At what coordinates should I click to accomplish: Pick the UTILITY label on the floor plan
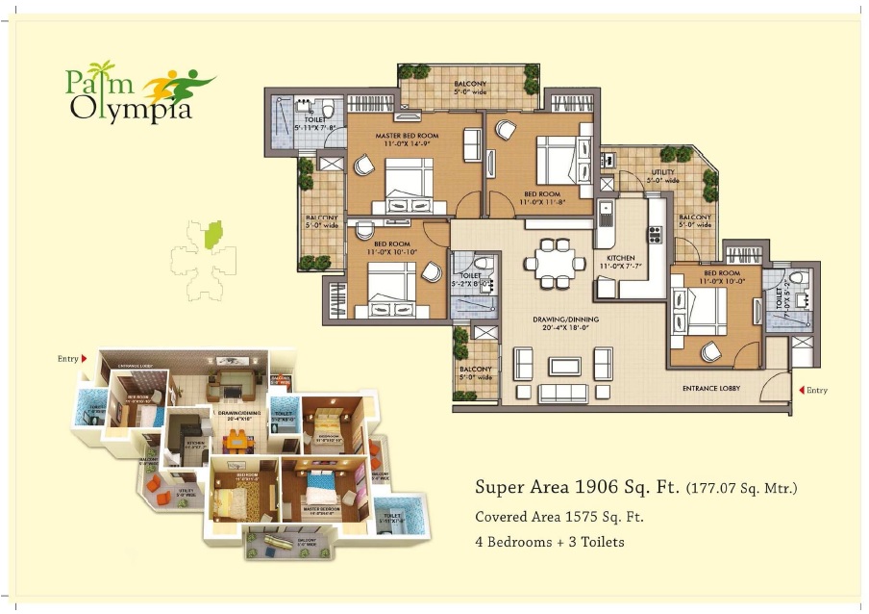662,173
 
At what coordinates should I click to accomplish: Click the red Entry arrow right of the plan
802,390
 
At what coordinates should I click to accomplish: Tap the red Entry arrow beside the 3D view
85,359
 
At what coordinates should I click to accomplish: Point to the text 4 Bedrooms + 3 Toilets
549,542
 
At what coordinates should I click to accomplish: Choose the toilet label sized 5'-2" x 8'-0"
471,279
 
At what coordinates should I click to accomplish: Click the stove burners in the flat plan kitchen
656,234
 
